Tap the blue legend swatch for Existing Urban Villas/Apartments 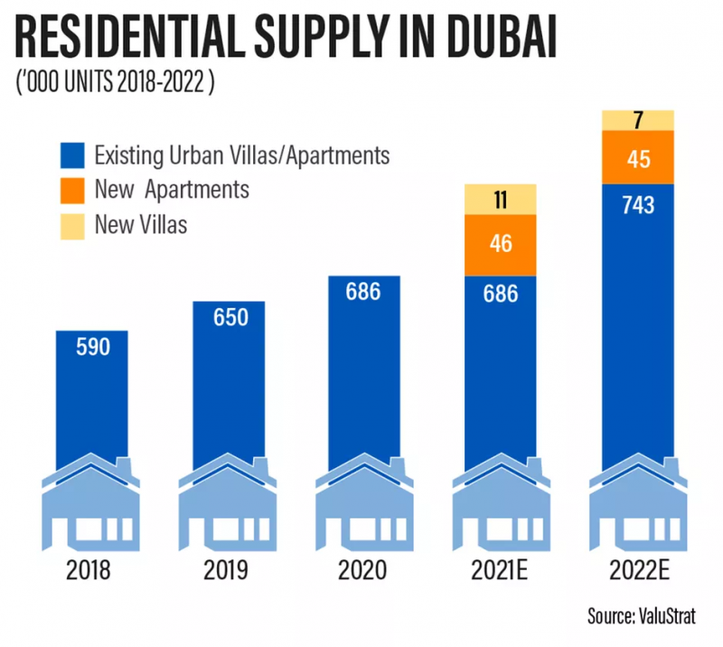(71, 155)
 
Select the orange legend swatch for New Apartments (71, 190)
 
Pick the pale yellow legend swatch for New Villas (71, 224)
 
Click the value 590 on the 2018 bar (92, 347)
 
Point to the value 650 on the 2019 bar (228, 318)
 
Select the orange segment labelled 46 (500, 245)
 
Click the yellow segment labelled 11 (500, 200)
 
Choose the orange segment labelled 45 (637, 157)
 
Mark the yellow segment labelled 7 (637, 119)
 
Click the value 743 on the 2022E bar (637, 205)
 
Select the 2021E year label (500, 571)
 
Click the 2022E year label (637, 571)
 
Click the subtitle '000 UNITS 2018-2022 (116, 86)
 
